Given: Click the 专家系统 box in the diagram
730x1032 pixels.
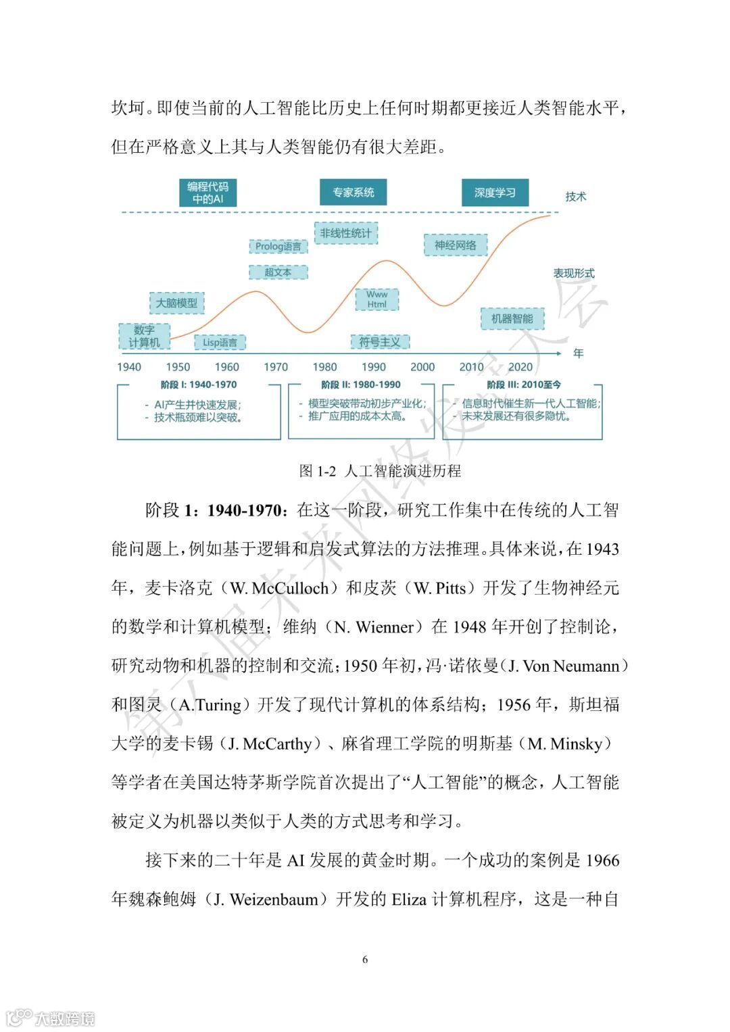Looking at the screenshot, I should (x=353, y=193).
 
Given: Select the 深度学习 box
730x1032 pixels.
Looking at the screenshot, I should (x=495, y=193).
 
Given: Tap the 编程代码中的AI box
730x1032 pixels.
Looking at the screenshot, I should (x=208, y=193).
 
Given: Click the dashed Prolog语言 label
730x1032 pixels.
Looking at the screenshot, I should (x=278, y=247).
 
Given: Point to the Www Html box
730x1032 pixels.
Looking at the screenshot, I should (x=376, y=299).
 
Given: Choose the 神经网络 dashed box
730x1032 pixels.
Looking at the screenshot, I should (x=456, y=245).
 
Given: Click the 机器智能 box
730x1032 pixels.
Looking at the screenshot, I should (x=512, y=319).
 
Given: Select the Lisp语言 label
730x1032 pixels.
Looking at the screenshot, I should (x=220, y=343).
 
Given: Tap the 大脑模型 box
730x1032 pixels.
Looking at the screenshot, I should (x=176, y=303).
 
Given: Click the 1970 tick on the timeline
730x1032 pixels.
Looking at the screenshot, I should (x=275, y=367).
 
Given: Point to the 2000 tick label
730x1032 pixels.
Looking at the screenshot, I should (x=422, y=367).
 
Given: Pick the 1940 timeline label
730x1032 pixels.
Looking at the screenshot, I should (x=129, y=367).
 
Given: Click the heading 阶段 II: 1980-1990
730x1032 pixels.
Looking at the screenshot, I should (x=361, y=385).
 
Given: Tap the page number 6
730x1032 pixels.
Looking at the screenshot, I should (x=365, y=960).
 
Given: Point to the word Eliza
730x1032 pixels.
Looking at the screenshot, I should (x=409, y=900).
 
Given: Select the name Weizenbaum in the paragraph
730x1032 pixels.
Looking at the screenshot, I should (x=274, y=900).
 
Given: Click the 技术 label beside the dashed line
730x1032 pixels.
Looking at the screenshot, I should (x=576, y=197).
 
